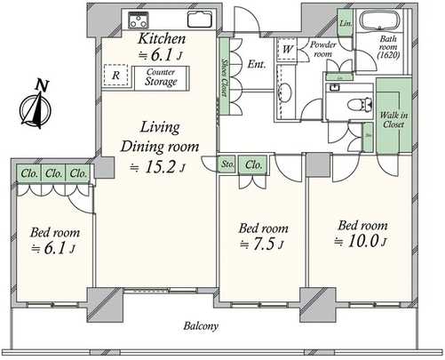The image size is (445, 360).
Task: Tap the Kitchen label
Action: click(x=161, y=40)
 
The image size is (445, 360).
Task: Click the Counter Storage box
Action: click(x=161, y=78)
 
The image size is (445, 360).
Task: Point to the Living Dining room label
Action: click(x=161, y=138)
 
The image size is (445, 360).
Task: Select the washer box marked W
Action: click(x=288, y=50)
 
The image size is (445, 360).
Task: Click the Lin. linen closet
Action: click(x=346, y=22)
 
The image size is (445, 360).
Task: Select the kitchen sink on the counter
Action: click(x=197, y=20)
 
